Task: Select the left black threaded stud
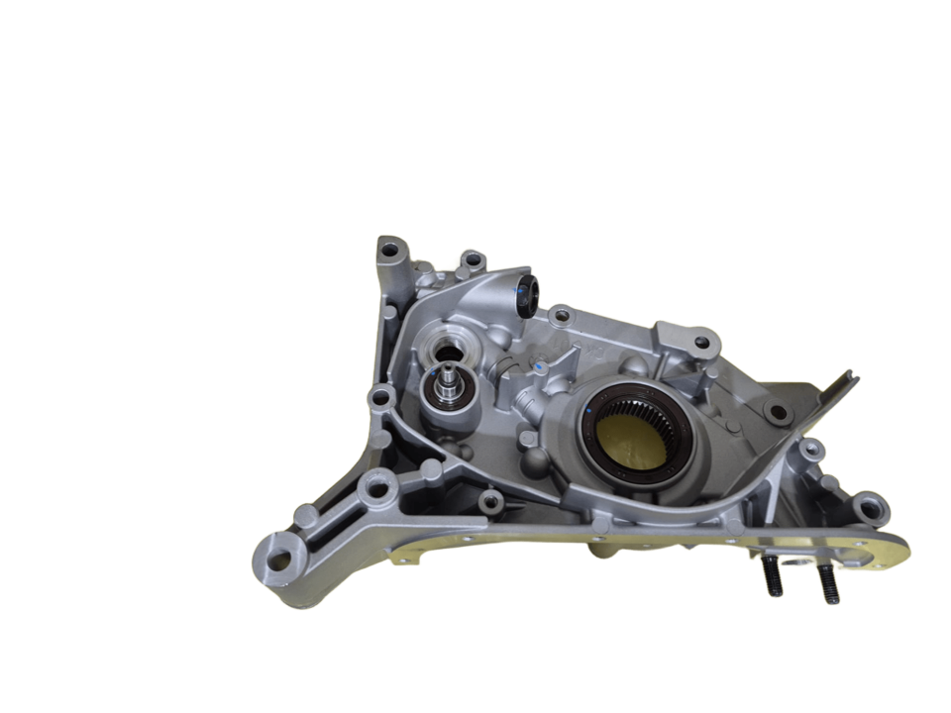point(772,577)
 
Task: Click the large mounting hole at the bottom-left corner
point(280,560)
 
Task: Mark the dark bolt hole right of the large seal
point(778,412)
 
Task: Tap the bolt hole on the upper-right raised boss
point(701,343)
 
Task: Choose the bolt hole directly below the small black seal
point(562,317)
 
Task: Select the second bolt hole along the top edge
point(473,260)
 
